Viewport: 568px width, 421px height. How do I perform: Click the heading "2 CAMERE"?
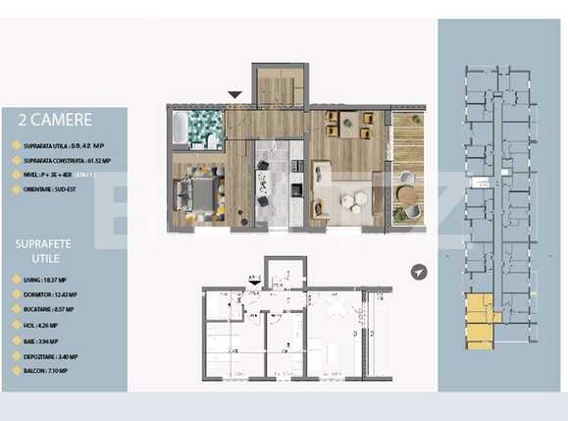point(55,120)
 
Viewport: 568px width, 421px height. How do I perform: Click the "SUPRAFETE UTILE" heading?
point(42,248)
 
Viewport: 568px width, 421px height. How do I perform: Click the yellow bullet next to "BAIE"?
point(14,341)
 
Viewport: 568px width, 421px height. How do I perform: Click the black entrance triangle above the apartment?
point(234,95)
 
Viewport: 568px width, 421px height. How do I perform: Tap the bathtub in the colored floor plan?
point(181,128)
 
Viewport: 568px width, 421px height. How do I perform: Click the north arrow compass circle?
point(420,272)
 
